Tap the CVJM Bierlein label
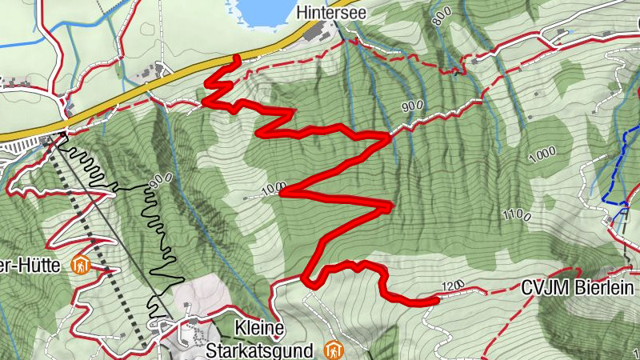[x=577, y=288]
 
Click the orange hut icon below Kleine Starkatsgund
[x=334, y=350]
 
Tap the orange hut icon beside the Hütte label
[x=80, y=264]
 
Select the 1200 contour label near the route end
[x=452, y=286]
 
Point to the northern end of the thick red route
[x=237, y=58]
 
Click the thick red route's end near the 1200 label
[x=437, y=301]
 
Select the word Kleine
[x=261, y=328]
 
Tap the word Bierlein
[x=606, y=288]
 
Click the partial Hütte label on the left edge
[x=32, y=266]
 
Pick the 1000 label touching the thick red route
[x=273, y=190]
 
